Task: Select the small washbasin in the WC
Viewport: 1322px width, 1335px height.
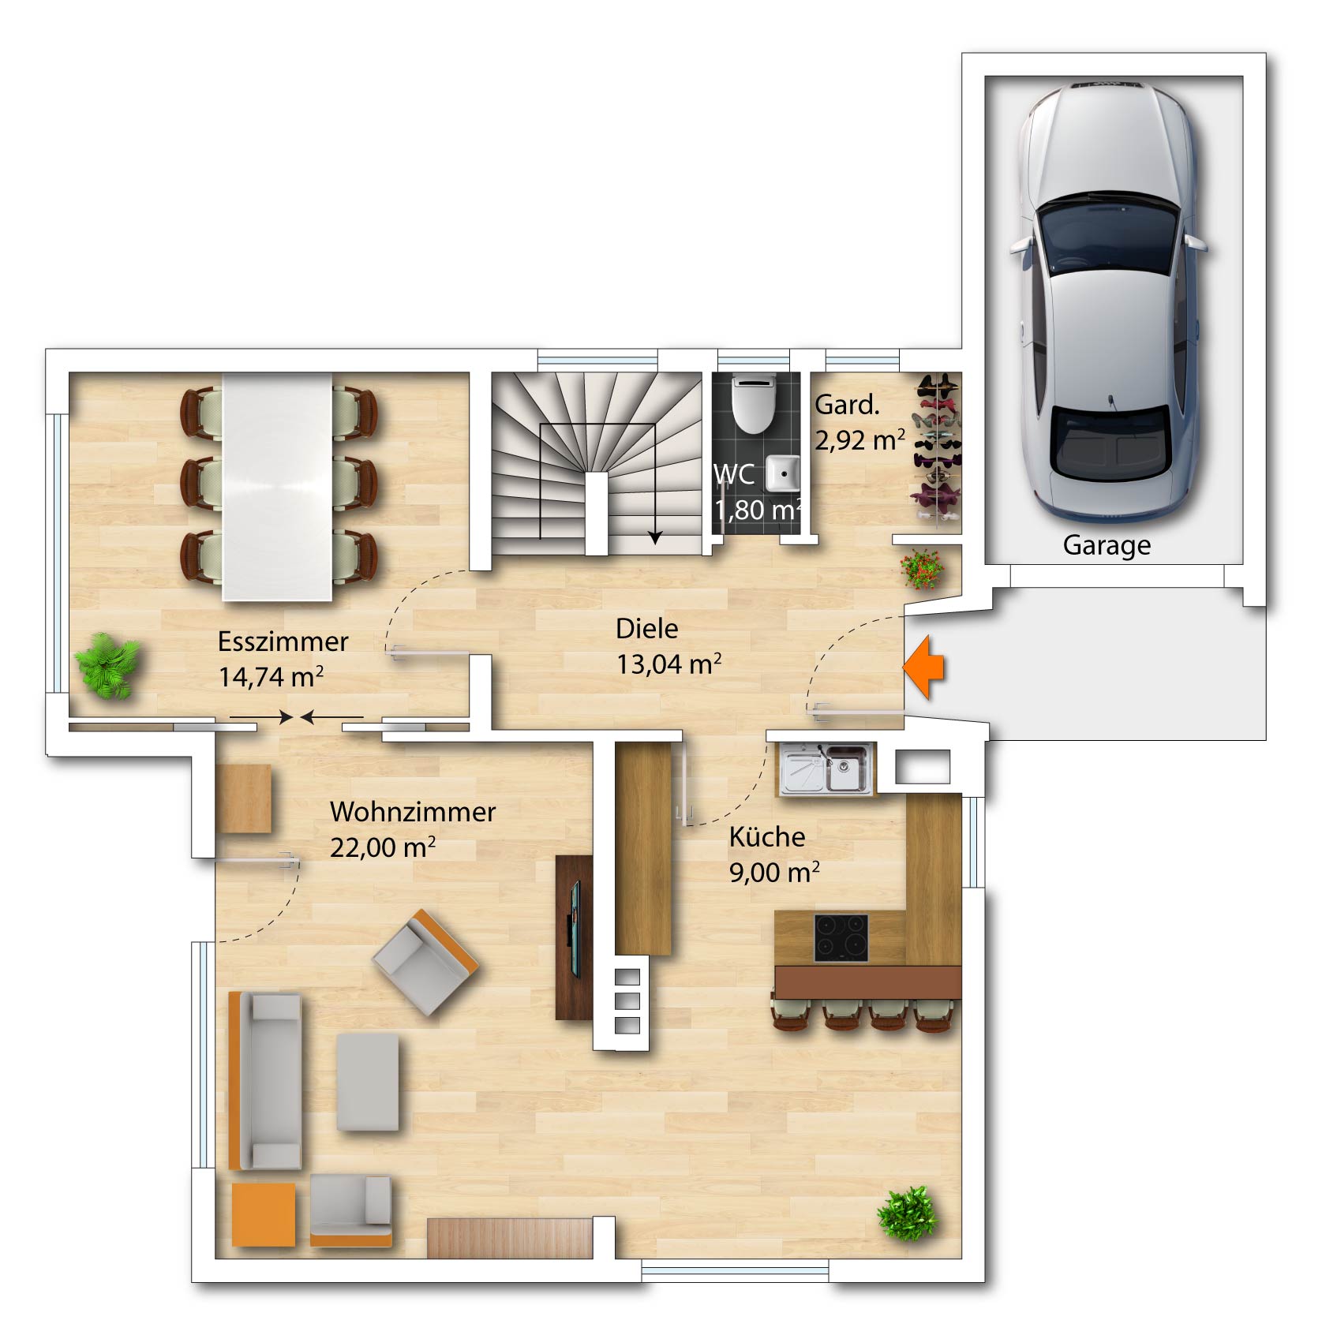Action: (783, 473)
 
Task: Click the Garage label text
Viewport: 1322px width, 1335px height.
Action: (1107, 546)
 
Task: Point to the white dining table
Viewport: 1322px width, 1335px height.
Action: (277, 487)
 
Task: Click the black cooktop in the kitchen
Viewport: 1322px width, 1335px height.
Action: (841, 937)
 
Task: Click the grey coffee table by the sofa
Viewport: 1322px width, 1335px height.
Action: (368, 1082)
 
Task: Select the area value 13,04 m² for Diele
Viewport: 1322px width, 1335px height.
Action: (668, 664)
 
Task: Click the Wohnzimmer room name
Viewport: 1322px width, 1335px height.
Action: (413, 812)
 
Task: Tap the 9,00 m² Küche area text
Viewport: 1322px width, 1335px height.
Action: (774, 873)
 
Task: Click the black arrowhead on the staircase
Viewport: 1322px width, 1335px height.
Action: (655, 537)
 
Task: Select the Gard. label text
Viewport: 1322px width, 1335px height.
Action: (847, 405)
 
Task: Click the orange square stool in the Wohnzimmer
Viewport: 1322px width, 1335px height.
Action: (264, 1214)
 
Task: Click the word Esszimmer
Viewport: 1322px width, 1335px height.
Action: (283, 641)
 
